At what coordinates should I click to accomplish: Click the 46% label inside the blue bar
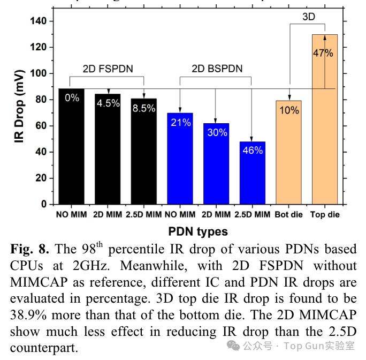pyautogui.click(x=253, y=151)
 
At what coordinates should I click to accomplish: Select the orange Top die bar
pyautogui.click(x=324, y=134)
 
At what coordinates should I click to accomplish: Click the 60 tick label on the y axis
pyautogui.click(x=41, y=126)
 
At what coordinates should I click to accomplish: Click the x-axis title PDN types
pyautogui.click(x=199, y=231)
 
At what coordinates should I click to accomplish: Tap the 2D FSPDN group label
pyautogui.click(x=108, y=69)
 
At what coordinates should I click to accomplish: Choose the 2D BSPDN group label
pyautogui.click(x=217, y=69)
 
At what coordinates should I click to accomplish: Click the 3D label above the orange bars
pyautogui.click(x=309, y=17)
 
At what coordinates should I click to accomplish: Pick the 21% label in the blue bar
pyautogui.click(x=180, y=123)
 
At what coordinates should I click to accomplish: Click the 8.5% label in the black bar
pyautogui.click(x=144, y=108)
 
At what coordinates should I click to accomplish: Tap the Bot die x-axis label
pyautogui.click(x=288, y=215)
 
